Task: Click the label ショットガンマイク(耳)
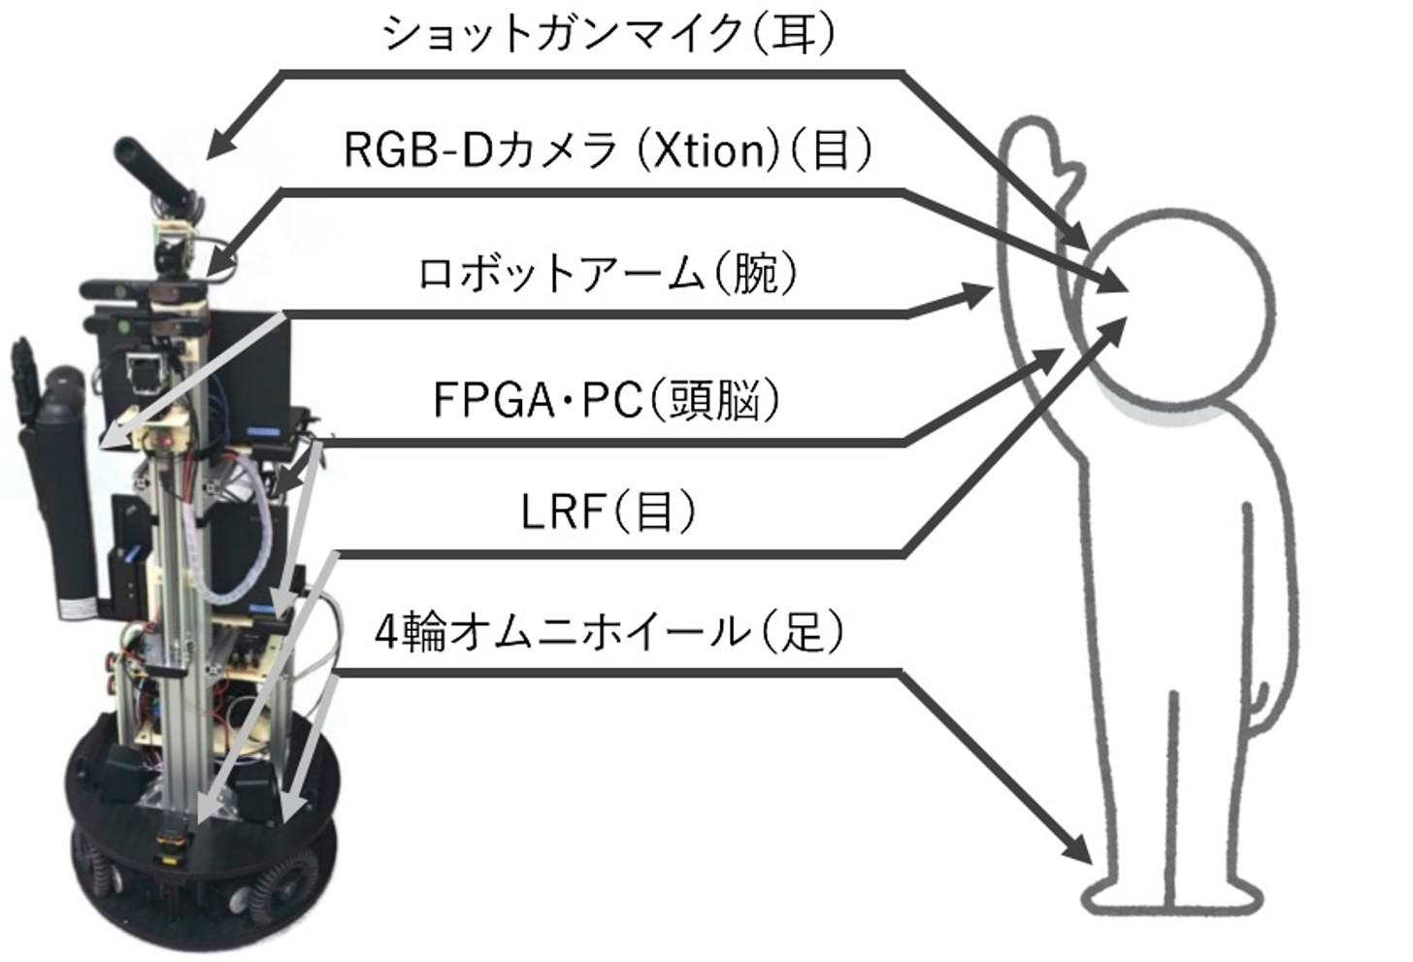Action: [609, 35]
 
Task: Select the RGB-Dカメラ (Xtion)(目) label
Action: [609, 150]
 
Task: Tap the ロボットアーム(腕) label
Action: [609, 275]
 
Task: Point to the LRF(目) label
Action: [608, 511]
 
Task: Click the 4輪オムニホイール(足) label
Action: [609, 632]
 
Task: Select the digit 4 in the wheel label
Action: [385, 634]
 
